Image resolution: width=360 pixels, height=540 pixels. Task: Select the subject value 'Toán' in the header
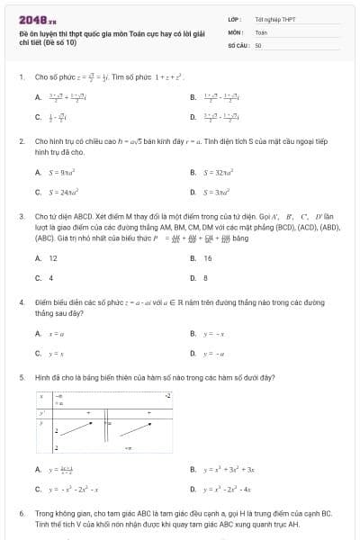point(261,31)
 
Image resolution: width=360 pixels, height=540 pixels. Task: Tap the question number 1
point(21,77)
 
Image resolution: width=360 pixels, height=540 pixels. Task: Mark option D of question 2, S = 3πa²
point(216,192)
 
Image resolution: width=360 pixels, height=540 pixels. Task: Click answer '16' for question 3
point(208,258)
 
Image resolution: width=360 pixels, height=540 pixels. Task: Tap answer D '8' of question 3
point(206,278)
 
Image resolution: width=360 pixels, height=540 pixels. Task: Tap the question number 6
point(21,513)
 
